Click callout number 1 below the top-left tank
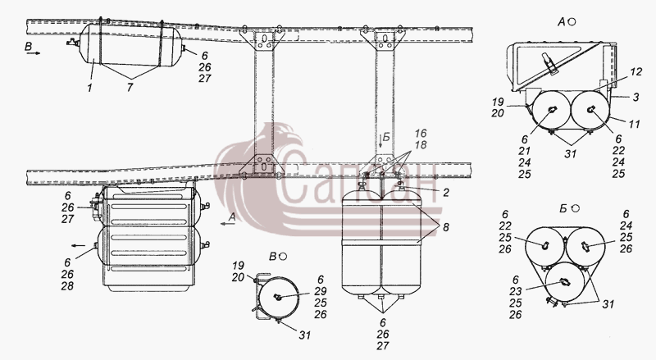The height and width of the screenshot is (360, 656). coord(89,89)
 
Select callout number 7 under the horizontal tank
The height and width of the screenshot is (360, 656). coord(130,89)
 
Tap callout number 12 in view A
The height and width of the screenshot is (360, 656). coord(635,72)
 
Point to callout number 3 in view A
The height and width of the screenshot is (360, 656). coord(636,98)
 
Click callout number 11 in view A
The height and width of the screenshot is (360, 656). coord(634,125)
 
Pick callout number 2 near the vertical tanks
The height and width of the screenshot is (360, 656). coord(446,193)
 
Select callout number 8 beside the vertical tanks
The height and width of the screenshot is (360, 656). coord(446,227)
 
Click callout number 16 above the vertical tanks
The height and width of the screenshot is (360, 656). coord(421,134)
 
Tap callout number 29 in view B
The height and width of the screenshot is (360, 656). coord(321,291)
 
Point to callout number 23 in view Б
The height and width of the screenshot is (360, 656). coord(516,291)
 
